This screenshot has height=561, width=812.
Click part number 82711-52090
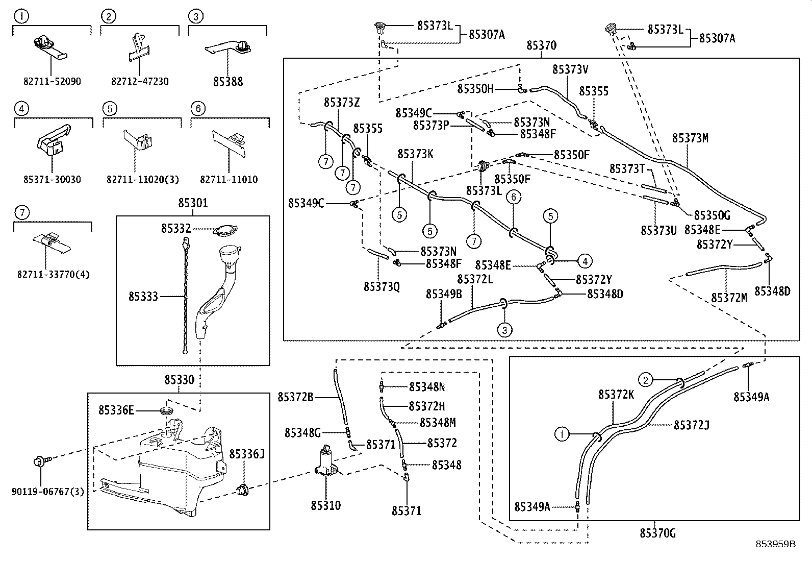coord(52,82)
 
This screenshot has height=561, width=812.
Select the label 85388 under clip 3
coord(228,82)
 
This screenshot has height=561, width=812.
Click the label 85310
coord(325,505)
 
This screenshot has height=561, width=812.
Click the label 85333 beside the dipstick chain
coord(143,296)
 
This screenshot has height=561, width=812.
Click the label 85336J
coord(246,454)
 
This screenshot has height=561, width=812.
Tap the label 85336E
coord(116,410)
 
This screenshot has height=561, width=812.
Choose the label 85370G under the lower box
coord(657,533)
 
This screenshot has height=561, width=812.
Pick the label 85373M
coord(690,138)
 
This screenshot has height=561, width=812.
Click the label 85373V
coord(570,69)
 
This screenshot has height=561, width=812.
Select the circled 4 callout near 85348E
coord(585,261)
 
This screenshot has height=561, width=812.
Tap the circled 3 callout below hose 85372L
coord(504,330)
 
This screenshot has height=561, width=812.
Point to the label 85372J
coord(692,425)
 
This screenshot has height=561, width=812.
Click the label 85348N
coord(427,387)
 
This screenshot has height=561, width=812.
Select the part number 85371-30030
coord(52,180)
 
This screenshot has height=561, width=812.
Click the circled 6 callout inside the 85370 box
coord(513,197)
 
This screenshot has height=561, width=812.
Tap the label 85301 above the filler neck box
coord(193,203)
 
